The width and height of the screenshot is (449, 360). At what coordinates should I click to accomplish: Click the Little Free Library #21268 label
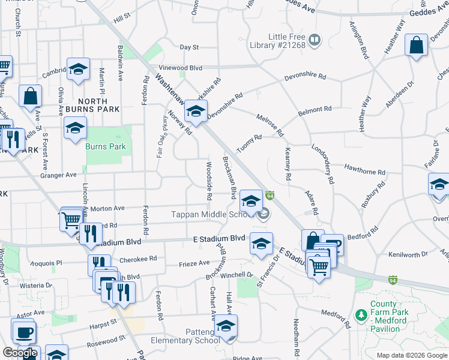click(x=278, y=40)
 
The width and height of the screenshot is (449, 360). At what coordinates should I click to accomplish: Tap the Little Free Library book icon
click(x=315, y=40)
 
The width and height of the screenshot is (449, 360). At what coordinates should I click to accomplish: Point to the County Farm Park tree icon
click(x=361, y=314)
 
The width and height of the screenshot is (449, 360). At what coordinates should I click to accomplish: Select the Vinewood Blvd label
click(x=180, y=68)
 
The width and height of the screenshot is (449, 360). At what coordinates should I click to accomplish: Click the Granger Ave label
click(x=59, y=175)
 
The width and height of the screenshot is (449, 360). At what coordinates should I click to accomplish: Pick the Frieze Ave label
click(x=194, y=263)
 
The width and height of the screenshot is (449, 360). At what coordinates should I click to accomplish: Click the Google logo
click(x=20, y=353)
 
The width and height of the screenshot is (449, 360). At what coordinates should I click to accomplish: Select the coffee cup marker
click(x=24, y=331)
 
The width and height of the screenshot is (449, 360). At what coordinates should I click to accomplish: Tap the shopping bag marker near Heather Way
click(x=416, y=46)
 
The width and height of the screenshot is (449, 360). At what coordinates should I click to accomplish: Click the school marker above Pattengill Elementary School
click(x=226, y=326)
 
